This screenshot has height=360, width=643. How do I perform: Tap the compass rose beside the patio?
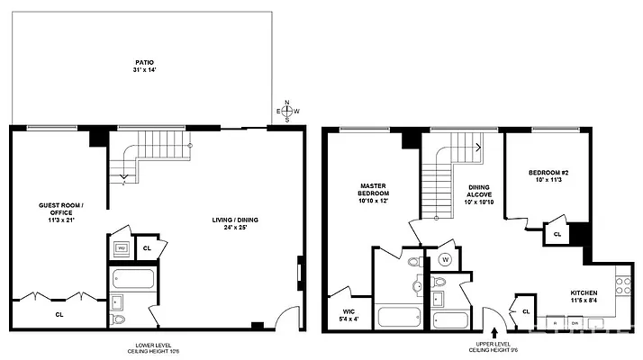coord(286,111)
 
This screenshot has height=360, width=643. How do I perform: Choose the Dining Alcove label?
coord(477,194)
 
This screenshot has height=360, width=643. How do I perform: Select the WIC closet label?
coord(346,315)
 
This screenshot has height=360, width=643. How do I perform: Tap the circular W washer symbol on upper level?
coord(445,261)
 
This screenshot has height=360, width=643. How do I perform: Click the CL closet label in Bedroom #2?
coord(557,234)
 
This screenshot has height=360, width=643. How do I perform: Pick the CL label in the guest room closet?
coord(59,315)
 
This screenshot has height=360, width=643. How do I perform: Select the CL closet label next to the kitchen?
coord(525,311)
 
